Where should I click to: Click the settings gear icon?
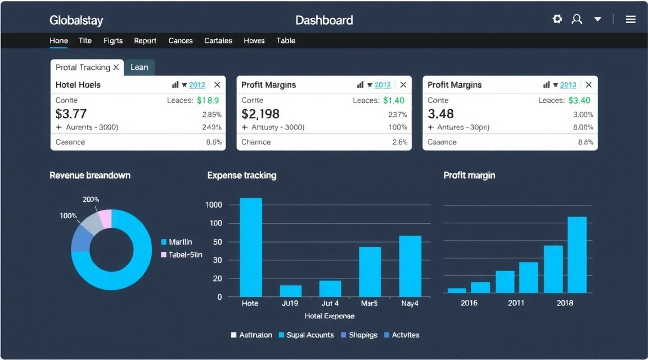(x=557, y=19)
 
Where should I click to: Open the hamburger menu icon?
(x=631, y=19)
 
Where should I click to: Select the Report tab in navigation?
(x=145, y=40)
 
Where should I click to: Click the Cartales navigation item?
(x=218, y=40)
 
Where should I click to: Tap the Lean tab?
(x=139, y=67)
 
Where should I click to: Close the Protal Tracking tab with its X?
(x=116, y=67)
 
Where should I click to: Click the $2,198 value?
(x=260, y=114)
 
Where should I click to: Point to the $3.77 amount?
(x=71, y=114)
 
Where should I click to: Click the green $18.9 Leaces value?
(x=208, y=100)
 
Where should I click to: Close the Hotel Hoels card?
(x=217, y=85)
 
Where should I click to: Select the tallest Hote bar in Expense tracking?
(x=251, y=247)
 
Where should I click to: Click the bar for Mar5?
(x=370, y=272)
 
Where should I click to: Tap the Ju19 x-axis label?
(x=290, y=303)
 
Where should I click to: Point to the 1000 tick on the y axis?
(x=214, y=205)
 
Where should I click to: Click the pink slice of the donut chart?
(x=105, y=219)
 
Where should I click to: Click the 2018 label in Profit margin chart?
(x=564, y=303)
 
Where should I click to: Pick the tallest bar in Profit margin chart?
(x=577, y=254)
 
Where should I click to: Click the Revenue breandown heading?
(x=90, y=175)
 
